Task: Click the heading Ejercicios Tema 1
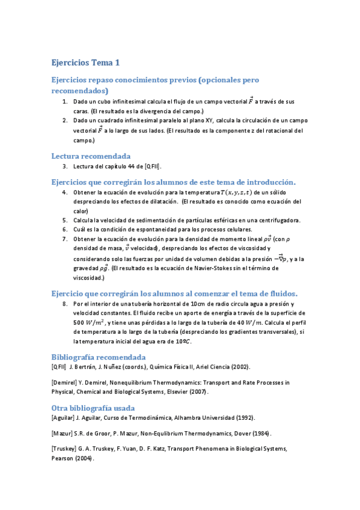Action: [x=86, y=63]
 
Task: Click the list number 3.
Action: [x=64, y=167]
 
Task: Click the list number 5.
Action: [x=64, y=220]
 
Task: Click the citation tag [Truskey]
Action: [x=65, y=449]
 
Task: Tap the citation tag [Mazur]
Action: [x=63, y=433]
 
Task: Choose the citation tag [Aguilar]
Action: [x=64, y=417]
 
